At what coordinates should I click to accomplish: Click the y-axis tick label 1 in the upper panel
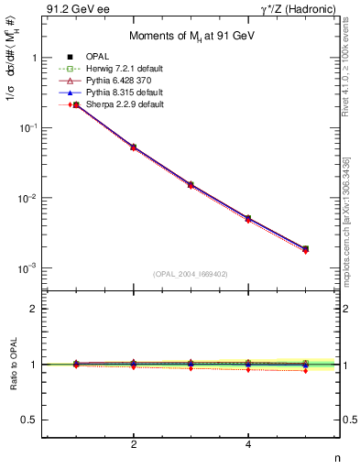36,58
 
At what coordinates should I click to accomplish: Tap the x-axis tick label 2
134,445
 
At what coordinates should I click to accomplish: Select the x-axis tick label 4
248,445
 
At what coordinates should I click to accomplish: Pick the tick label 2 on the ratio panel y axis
36,310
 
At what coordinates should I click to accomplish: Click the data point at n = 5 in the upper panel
305,248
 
